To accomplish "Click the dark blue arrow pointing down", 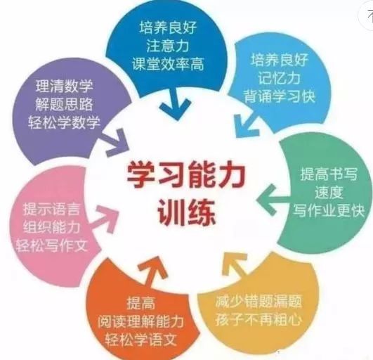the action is tap(176, 104).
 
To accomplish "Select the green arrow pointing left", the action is tap(274, 200).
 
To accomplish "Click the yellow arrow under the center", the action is tap(235, 265).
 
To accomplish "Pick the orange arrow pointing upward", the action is tap(152, 271).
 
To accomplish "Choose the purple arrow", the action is tap(116, 143).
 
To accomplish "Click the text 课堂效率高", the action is tap(168, 64).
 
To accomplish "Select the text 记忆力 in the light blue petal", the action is tap(279, 78).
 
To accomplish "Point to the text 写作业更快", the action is tap(329, 210).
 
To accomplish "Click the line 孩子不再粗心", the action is tap(259, 319).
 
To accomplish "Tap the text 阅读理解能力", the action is tap(140, 321).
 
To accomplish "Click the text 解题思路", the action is tap(64, 104).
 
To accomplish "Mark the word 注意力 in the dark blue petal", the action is tap(168, 46).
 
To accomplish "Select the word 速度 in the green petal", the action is tap(329, 193).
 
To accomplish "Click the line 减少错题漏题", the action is tap(259, 302).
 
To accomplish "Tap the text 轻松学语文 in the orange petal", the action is tap(140, 340).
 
